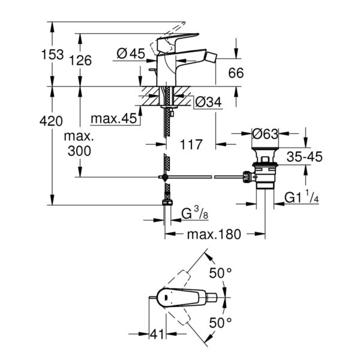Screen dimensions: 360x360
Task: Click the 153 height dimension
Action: coord(52,55)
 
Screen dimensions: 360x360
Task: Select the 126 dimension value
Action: coord(80,61)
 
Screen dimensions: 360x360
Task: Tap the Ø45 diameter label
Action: coord(131,54)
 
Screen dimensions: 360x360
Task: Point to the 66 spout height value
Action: coord(236,73)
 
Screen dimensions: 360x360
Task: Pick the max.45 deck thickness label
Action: coord(114,118)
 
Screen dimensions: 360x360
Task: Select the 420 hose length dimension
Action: coord(51,121)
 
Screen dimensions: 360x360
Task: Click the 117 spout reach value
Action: coord(191,145)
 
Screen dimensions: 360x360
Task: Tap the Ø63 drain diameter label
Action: coord(265,134)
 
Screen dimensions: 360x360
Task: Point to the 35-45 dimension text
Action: coord(304,157)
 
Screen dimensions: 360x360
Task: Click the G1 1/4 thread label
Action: coord(301,197)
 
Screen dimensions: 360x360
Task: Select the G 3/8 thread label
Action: coord(195,214)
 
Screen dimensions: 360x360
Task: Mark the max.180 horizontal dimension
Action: coord(214,235)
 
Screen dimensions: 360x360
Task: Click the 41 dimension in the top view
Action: coord(157,334)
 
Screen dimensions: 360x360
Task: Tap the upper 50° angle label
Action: coord(220,273)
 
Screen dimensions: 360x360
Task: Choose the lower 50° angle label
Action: coord(220,323)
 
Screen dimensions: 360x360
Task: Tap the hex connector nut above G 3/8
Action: coord(167,203)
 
